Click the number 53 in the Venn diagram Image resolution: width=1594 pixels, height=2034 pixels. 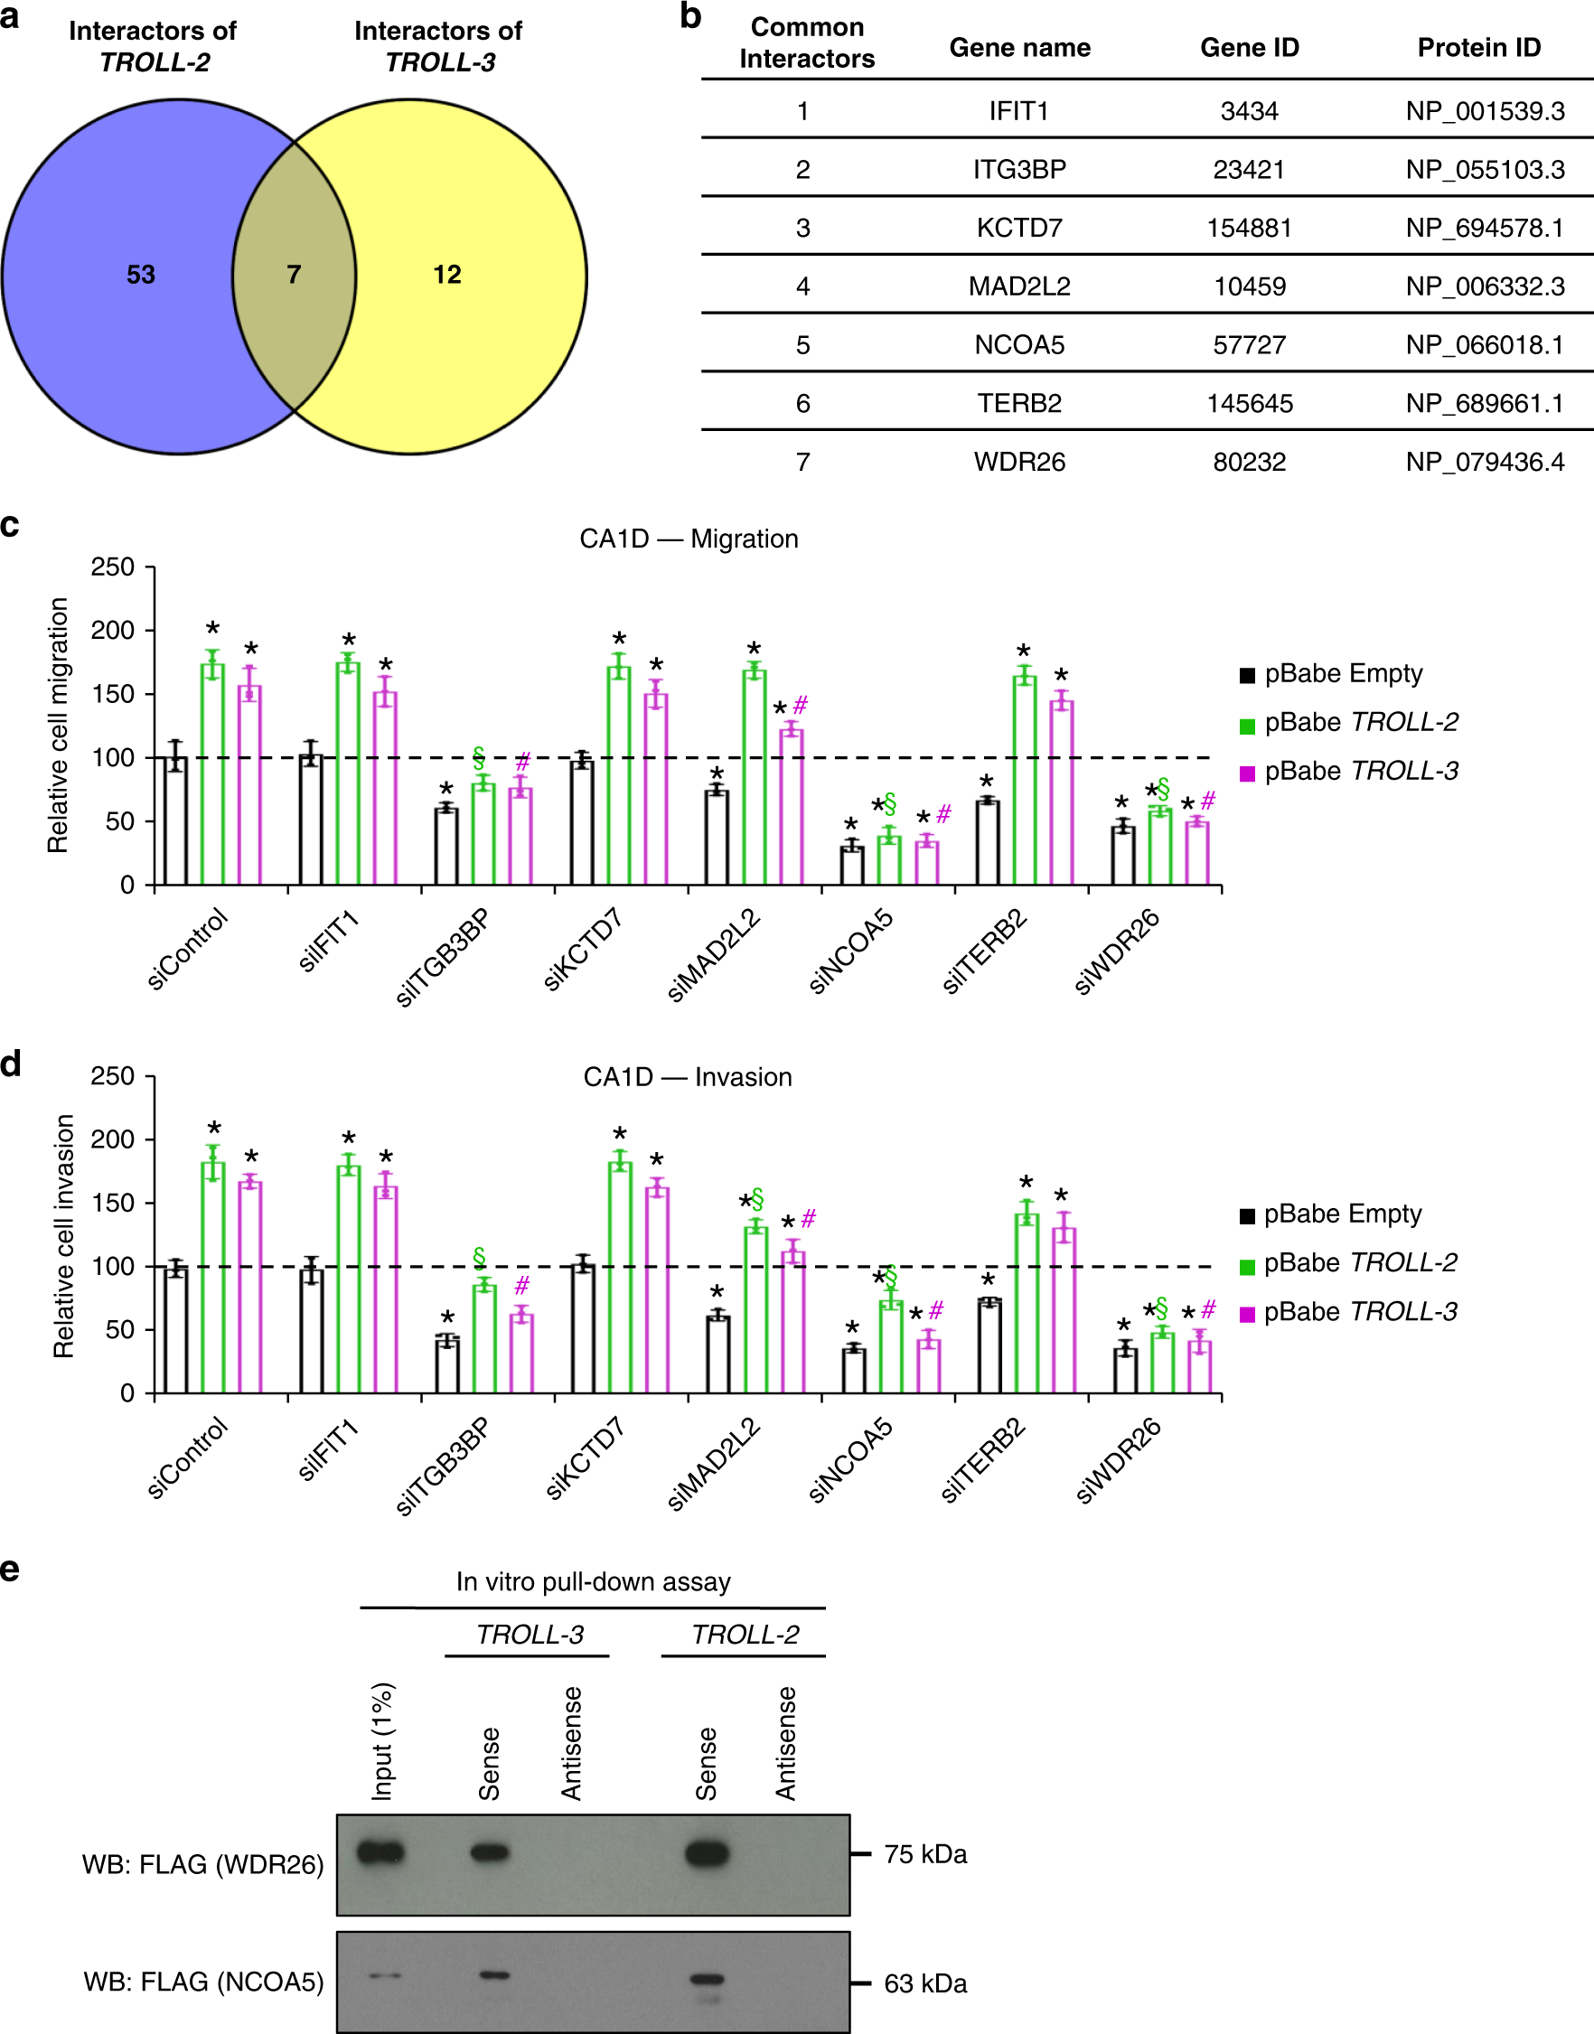tap(141, 275)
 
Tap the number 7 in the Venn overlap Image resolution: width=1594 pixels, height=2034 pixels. tap(294, 275)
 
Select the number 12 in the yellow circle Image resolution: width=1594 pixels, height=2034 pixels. tap(447, 275)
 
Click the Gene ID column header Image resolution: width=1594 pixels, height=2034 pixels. tap(1249, 48)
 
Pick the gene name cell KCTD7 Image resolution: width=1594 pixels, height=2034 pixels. tap(1019, 229)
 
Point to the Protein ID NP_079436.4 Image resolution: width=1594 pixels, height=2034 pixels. tap(1484, 462)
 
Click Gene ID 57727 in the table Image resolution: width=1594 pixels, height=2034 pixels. tap(1249, 345)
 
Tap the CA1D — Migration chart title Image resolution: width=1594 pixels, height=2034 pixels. tap(689, 539)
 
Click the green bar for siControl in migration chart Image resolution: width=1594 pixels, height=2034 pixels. tap(212, 774)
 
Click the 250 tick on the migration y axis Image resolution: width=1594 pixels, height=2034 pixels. tap(113, 567)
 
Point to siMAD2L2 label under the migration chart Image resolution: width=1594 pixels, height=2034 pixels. tap(714, 955)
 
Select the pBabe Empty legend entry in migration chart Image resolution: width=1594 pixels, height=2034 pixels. tap(1342, 674)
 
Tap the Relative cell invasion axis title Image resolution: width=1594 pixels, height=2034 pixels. tap(63, 1235)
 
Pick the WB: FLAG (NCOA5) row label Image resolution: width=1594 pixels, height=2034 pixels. tap(203, 1982)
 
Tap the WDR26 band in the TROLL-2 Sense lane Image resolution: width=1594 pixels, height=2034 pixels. tap(707, 1853)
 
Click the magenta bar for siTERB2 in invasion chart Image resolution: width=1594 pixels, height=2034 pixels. tap(1063, 1310)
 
